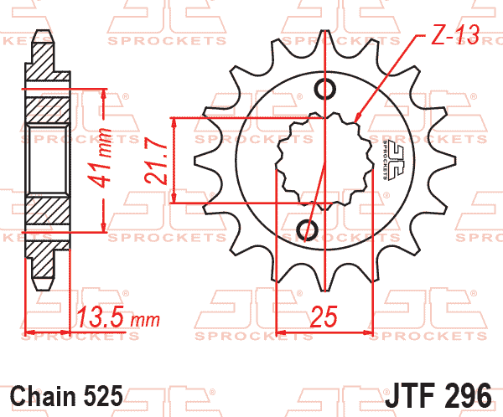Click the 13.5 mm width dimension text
pyautogui.click(x=117, y=318)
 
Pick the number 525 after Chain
pyautogui.click(x=104, y=394)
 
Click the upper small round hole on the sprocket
pyautogui.click(x=324, y=89)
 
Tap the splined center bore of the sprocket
pyautogui.click(x=323, y=159)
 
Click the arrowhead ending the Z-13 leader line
pyautogui.click(x=358, y=118)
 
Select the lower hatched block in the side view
pyautogui.click(x=49, y=213)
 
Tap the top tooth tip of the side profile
pyautogui.click(x=43, y=34)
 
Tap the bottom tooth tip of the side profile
pyautogui.click(x=43, y=283)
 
